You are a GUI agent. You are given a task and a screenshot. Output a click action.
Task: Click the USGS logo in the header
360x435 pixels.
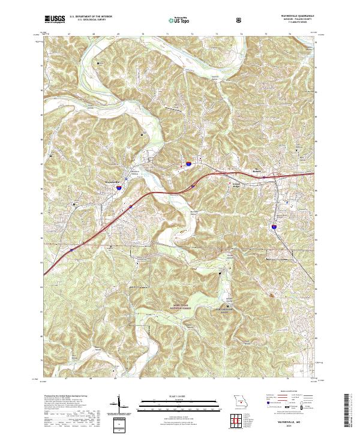click(x=55, y=19)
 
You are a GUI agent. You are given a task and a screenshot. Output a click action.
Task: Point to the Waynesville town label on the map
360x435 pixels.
click(x=113, y=181)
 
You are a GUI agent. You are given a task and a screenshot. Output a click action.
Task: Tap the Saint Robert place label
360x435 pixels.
click(x=258, y=169)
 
